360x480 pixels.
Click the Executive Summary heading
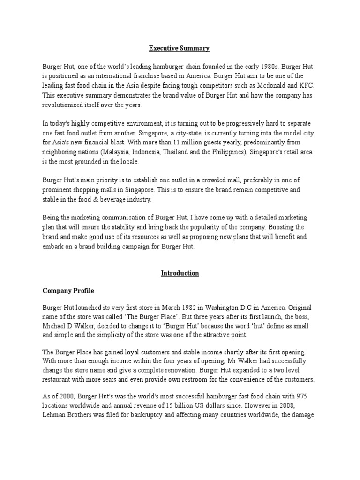click(180, 48)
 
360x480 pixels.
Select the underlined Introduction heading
click(180, 273)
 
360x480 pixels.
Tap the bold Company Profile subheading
click(68, 291)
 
